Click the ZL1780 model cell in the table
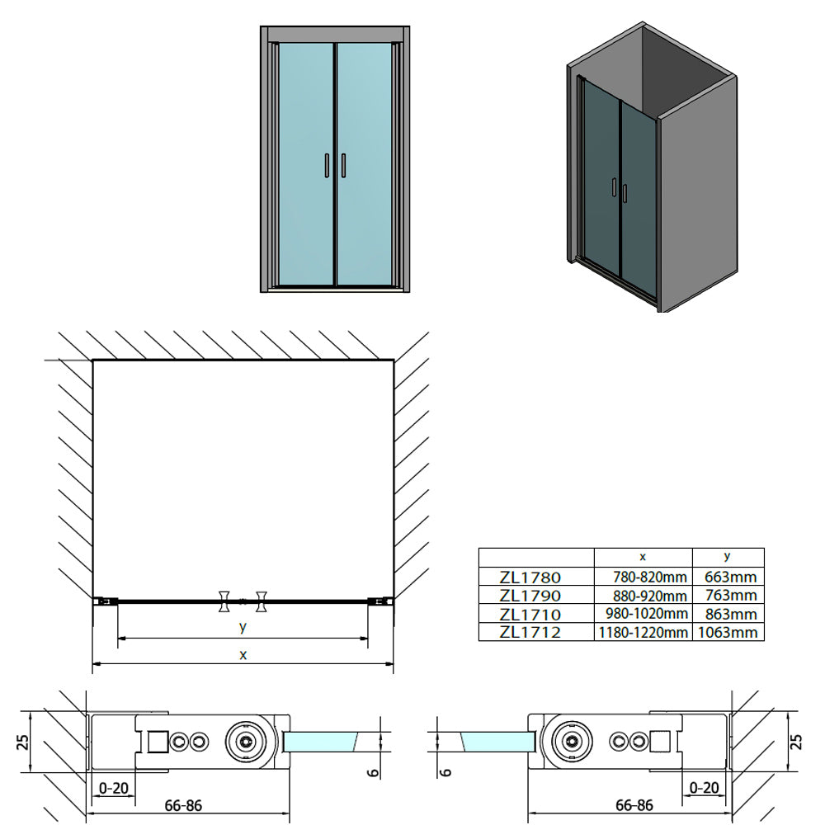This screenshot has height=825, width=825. (530, 577)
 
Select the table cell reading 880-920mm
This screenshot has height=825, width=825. (650, 596)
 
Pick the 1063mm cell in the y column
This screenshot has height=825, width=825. (728, 632)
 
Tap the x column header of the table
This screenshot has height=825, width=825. (643, 557)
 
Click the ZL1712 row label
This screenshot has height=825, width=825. (530, 632)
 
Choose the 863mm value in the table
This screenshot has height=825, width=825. (730, 614)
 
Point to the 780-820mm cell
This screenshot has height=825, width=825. (650, 577)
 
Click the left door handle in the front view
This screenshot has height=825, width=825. (327, 166)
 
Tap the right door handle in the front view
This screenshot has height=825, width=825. (343, 166)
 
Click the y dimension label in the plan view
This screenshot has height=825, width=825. (243, 626)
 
